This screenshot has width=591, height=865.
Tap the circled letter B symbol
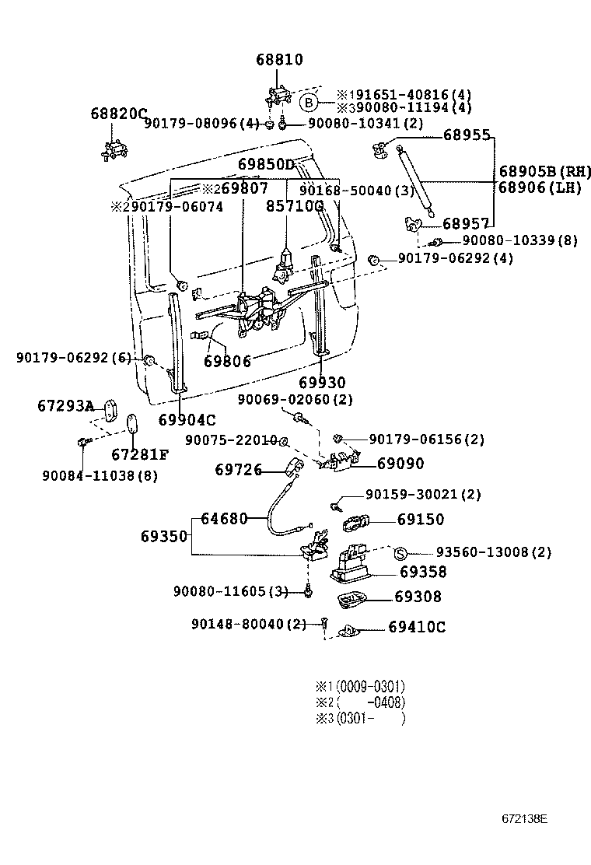pos(309,102)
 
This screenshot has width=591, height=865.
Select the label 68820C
pos(118,114)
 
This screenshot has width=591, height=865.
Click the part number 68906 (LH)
pos(540,187)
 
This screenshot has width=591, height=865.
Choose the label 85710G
pos(294,206)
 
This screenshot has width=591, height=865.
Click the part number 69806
pos(227,362)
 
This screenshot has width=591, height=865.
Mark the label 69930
pos(322,383)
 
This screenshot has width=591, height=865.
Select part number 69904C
pos(187,420)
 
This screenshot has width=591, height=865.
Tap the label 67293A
pos(65,406)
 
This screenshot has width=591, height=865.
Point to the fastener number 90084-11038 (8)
pos(100,476)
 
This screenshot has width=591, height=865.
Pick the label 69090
pos(400,464)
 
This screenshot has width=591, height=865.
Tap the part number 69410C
pos(417,627)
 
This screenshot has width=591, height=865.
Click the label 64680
pos(224,518)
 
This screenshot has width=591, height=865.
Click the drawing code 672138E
pos(524,819)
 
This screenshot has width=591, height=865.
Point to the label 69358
pos(423,572)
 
